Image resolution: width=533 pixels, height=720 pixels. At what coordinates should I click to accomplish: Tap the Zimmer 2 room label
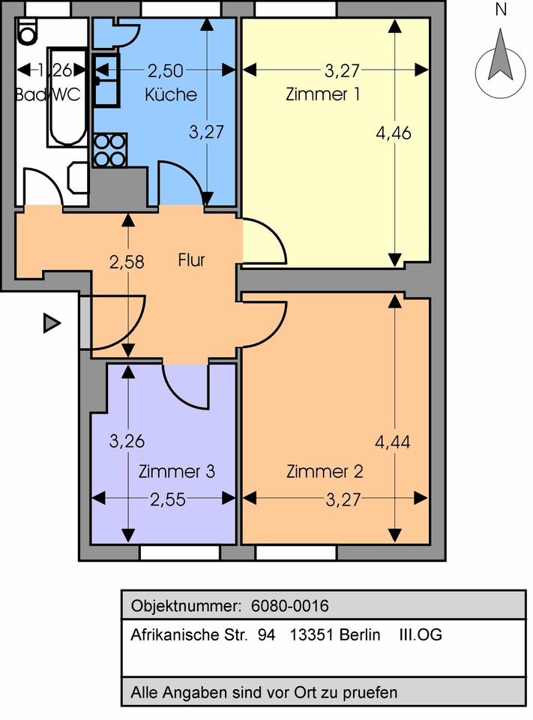tap(325, 472)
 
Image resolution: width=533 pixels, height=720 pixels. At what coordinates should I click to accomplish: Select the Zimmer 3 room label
tap(177, 472)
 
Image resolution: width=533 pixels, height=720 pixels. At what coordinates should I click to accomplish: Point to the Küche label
tap(171, 95)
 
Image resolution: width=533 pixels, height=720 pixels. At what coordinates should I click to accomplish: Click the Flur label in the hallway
tap(191, 261)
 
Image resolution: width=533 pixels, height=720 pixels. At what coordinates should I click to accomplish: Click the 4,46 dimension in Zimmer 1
tap(394, 133)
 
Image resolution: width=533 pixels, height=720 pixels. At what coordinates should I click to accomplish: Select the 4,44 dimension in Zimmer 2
tap(394, 442)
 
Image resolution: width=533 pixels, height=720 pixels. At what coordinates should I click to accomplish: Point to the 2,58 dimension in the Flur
tap(126, 262)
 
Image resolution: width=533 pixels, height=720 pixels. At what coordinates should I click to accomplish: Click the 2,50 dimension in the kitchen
tap(165, 71)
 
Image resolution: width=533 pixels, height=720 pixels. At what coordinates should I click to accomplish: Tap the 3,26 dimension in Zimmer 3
tap(126, 442)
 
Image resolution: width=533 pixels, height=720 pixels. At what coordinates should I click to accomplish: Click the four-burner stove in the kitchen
tap(109, 150)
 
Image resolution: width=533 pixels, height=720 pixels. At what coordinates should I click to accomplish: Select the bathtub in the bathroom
tap(67, 97)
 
